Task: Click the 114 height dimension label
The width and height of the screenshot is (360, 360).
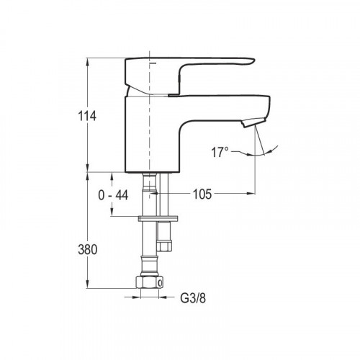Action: pyautogui.click(x=87, y=116)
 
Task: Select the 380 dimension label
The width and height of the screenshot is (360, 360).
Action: pyautogui.click(x=88, y=249)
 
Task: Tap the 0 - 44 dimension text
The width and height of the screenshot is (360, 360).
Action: pyautogui.click(x=113, y=195)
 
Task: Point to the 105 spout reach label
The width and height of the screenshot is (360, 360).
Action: pyautogui.click(x=202, y=194)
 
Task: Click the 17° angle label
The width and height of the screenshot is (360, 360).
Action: pyautogui.click(x=220, y=152)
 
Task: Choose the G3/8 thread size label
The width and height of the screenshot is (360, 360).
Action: pyautogui.click(x=193, y=298)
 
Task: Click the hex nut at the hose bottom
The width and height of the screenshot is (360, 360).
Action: pyautogui.click(x=149, y=282)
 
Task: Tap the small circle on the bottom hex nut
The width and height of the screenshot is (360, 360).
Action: pyautogui.click(x=160, y=284)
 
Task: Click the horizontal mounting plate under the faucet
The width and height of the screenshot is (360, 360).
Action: pyautogui.click(x=158, y=219)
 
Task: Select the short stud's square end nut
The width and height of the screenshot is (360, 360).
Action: pyautogui.click(x=164, y=246)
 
